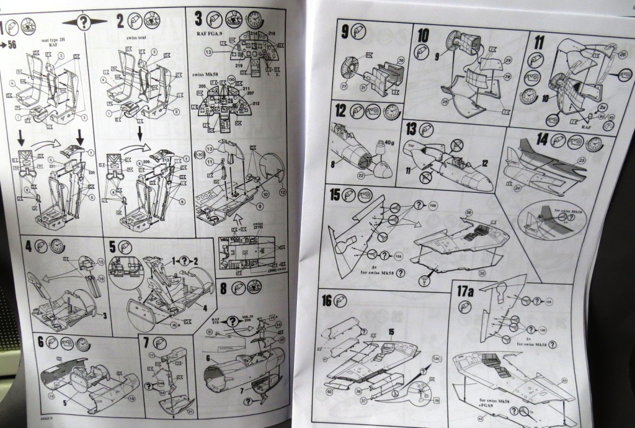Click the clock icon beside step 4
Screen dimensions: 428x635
(x=57, y=246)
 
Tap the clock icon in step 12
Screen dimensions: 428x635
(x=391, y=112)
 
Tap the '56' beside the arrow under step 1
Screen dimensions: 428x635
(x=11, y=44)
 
